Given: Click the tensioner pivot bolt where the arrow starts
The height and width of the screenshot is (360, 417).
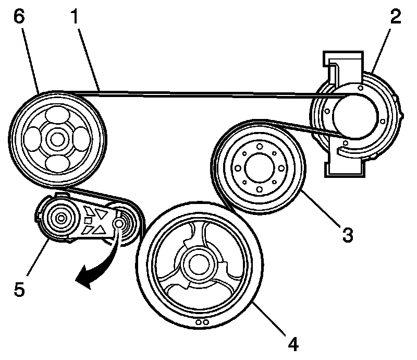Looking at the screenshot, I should [x=118, y=223].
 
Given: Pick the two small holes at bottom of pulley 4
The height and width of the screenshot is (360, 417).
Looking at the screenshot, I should [x=203, y=322].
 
